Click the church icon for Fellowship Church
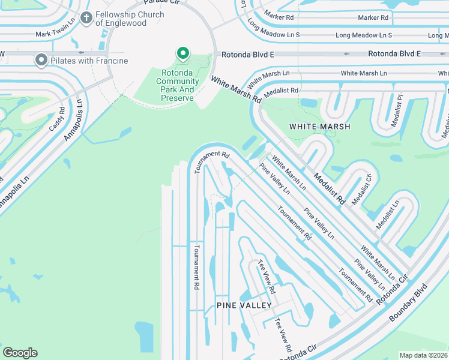pyautogui.click(x=86, y=17)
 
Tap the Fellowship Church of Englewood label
pyautogui.click(x=124, y=18)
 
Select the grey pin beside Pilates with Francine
pyautogui.click(x=41, y=60)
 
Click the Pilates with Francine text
pyautogui.click(x=89, y=61)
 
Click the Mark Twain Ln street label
pyautogui.click(x=56, y=35)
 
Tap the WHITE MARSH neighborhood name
pyautogui.click(x=319, y=127)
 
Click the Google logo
pyautogui.click(x=20, y=353)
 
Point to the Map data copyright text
pyautogui.click(x=423, y=355)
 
